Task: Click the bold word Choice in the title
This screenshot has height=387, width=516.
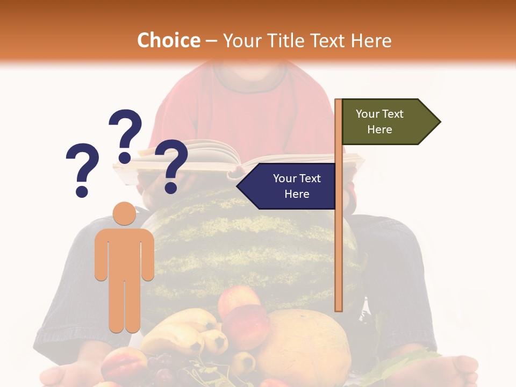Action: [168, 41]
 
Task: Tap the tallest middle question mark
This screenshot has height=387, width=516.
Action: [125, 134]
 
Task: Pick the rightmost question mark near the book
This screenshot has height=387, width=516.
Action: [171, 164]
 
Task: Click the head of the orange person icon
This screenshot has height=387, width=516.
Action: [124, 213]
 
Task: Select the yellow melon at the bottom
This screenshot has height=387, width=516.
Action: [304, 344]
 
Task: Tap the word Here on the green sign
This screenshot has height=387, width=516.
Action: [379, 130]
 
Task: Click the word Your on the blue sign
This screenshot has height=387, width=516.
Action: [283, 178]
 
